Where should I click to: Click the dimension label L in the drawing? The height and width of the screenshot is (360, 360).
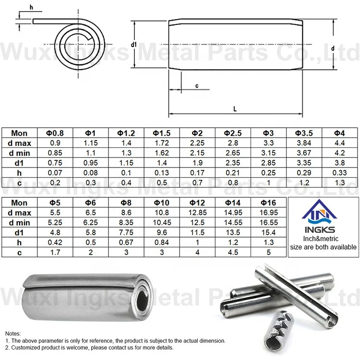(x=235, y=108)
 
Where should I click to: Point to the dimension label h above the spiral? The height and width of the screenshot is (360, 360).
(x=31, y=7)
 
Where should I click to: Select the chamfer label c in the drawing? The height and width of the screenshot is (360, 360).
(x=197, y=85)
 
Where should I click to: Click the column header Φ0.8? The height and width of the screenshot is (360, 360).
(x=55, y=133)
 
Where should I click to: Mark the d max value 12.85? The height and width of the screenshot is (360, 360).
(x=197, y=213)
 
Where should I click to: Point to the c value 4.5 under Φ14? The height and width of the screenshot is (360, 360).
(x=233, y=252)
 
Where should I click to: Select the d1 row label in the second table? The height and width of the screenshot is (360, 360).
(x=20, y=232)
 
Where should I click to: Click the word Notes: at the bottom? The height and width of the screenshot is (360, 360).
(x=13, y=333)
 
